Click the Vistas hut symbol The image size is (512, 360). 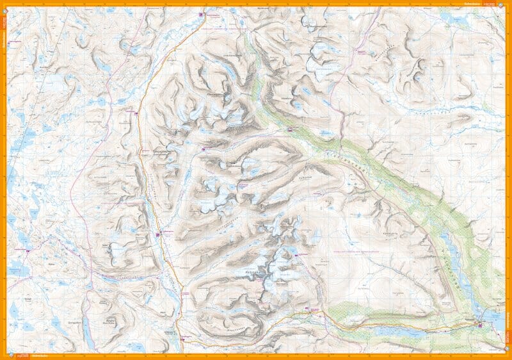[x=290, y=130]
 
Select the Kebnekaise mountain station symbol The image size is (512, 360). [x=313, y=309]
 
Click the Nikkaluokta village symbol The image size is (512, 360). [x=481, y=326]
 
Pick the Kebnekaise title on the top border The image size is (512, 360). [x=471, y=4]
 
